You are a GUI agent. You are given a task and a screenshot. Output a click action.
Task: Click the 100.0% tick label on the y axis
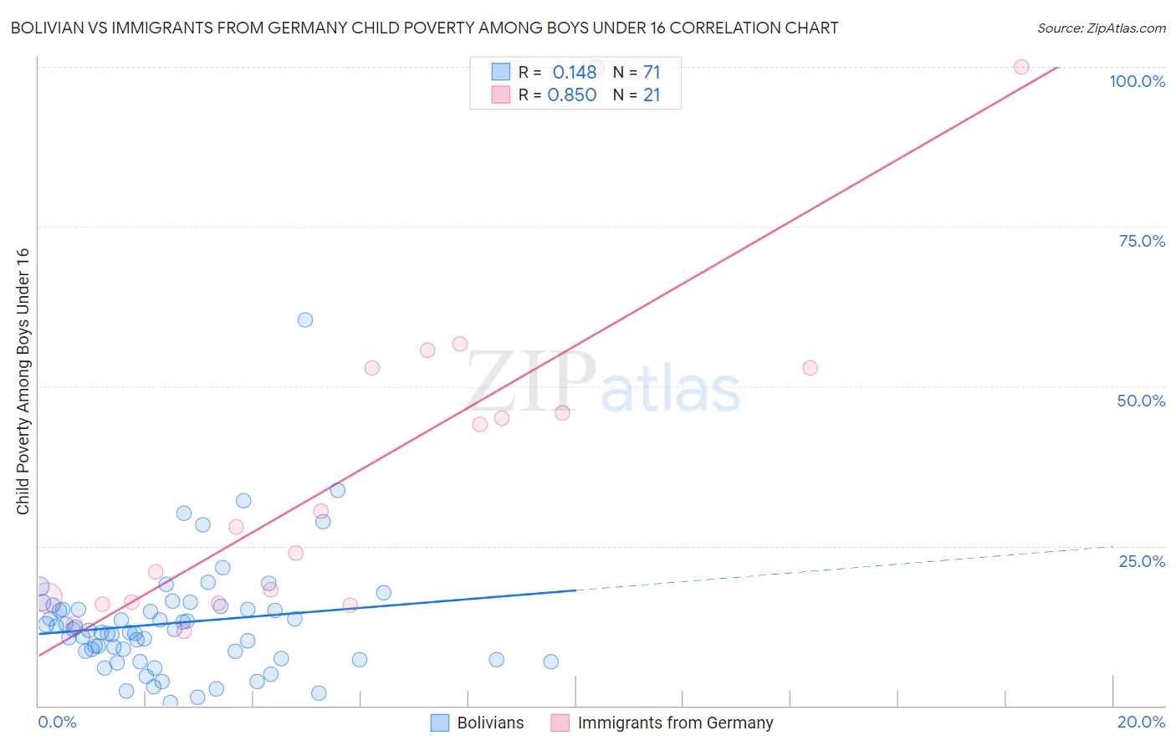[x=1137, y=81]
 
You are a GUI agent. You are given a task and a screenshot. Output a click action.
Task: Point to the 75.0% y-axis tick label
[x=1142, y=241]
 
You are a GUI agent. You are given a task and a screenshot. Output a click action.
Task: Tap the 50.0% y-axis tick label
[x=1141, y=401]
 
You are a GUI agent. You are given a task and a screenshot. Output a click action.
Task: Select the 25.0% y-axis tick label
[x=1142, y=560]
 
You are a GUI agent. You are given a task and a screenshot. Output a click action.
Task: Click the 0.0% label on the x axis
[x=57, y=722]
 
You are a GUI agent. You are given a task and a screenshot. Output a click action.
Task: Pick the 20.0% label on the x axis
[x=1141, y=722]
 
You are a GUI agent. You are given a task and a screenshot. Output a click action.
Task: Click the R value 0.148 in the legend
[x=574, y=72]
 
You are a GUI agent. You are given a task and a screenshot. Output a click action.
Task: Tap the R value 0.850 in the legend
[x=571, y=95]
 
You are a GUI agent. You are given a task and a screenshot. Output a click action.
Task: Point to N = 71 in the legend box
[x=637, y=72]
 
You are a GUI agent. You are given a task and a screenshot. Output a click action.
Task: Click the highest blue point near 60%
[x=305, y=319]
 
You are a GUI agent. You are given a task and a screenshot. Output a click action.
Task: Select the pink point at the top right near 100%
[x=1021, y=67]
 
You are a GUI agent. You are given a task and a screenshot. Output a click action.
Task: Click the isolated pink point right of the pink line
[x=810, y=368]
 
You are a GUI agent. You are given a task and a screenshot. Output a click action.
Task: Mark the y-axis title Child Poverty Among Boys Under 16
[x=23, y=381]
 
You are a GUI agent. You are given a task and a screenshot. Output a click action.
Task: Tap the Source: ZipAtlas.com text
[x=1101, y=28]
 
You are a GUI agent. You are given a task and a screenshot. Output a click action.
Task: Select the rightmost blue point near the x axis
[x=550, y=662]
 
